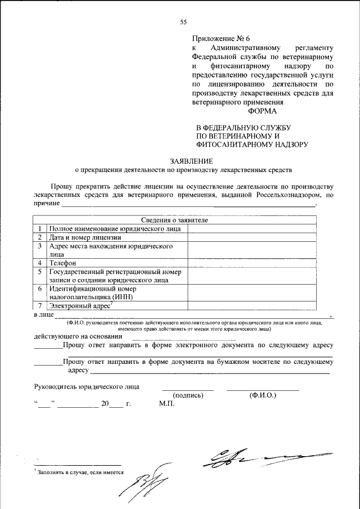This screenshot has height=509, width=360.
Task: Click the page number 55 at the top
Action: (x=183, y=22)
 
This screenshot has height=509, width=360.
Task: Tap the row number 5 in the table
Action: (x=40, y=271)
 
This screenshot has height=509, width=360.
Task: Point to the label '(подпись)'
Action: (x=188, y=395)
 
